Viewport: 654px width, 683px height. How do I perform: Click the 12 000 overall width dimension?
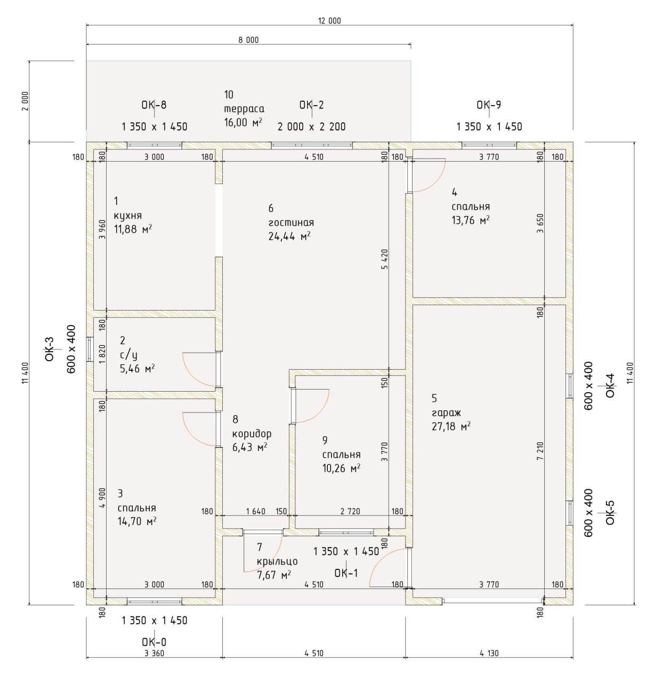pos(329,21)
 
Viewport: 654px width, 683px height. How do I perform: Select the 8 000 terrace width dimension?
pos(248,40)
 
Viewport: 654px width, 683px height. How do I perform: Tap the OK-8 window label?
pos(154,105)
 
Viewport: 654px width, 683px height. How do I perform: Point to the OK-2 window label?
pos(311,105)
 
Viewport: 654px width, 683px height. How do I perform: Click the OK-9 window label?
pos(489,105)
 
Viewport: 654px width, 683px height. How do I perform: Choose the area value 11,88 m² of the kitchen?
pos(133,229)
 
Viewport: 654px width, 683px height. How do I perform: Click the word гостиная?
pos(291,223)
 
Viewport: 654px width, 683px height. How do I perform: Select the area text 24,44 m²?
pos(289,236)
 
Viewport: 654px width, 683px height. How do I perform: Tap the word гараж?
pos(446,413)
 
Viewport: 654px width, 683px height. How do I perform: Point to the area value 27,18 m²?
pos(451,426)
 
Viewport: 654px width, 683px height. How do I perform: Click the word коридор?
pos(252,434)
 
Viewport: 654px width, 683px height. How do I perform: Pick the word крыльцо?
pos(277,561)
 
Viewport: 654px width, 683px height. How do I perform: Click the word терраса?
pos(244,109)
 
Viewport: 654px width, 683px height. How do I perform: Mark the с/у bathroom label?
pos(128,355)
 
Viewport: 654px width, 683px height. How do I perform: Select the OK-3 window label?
pos(50,349)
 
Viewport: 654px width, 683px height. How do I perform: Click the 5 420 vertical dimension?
pos(385,259)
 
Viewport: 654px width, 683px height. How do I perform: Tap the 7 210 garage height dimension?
pos(540,451)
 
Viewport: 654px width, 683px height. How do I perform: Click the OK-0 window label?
pos(154,642)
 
